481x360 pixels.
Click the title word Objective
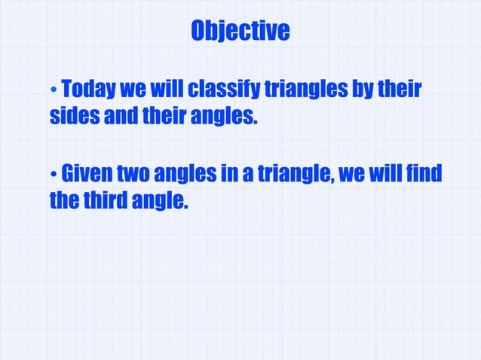pyautogui.click(x=240, y=31)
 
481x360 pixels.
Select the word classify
pyautogui.click(x=222, y=91)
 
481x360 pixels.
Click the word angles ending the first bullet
pyautogui.click(x=225, y=117)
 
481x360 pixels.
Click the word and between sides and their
pyautogui.click(x=115, y=117)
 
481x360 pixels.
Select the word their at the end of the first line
pyautogui.click(x=400, y=91)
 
